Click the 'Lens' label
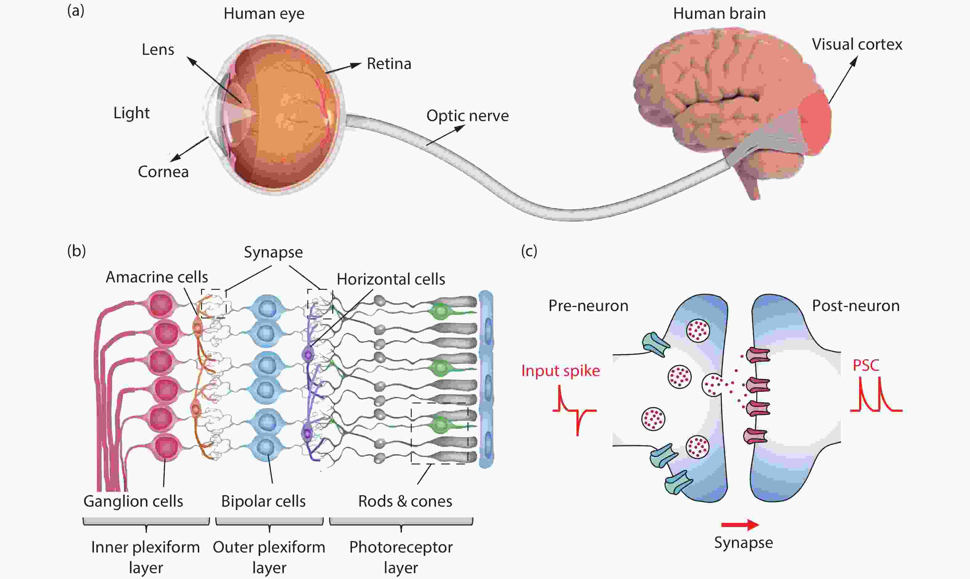click(158, 50)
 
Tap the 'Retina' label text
click(389, 63)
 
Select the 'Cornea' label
click(163, 172)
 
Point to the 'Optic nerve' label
click(467, 115)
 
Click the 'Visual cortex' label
click(857, 44)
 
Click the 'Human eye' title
click(264, 14)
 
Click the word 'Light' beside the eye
click(131, 113)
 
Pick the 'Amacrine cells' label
click(157, 277)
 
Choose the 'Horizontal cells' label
click(391, 279)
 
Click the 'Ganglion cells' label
click(133, 501)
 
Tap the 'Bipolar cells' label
click(263, 501)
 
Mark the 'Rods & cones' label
click(405, 501)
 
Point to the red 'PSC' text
click(866, 366)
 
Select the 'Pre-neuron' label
click(588, 306)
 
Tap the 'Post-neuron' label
click(856, 306)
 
